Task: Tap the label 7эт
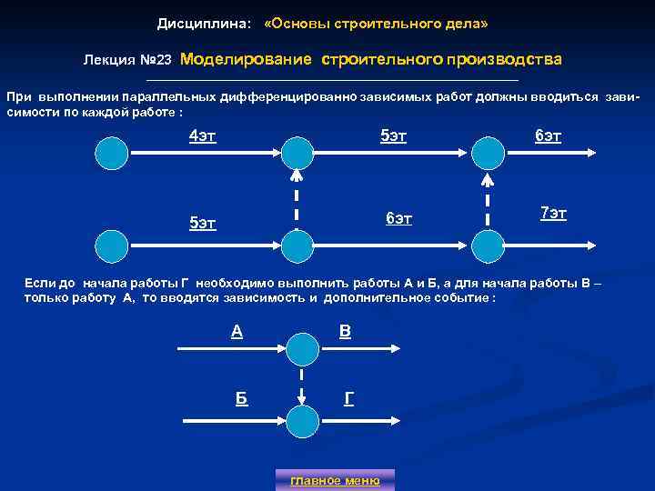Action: (553, 214)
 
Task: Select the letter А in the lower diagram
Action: (237, 332)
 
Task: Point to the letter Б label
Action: (241, 398)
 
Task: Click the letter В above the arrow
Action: (345, 332)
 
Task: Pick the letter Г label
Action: (348, 398)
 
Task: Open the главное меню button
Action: (335, 479)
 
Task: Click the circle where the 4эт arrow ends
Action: (296, 153)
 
